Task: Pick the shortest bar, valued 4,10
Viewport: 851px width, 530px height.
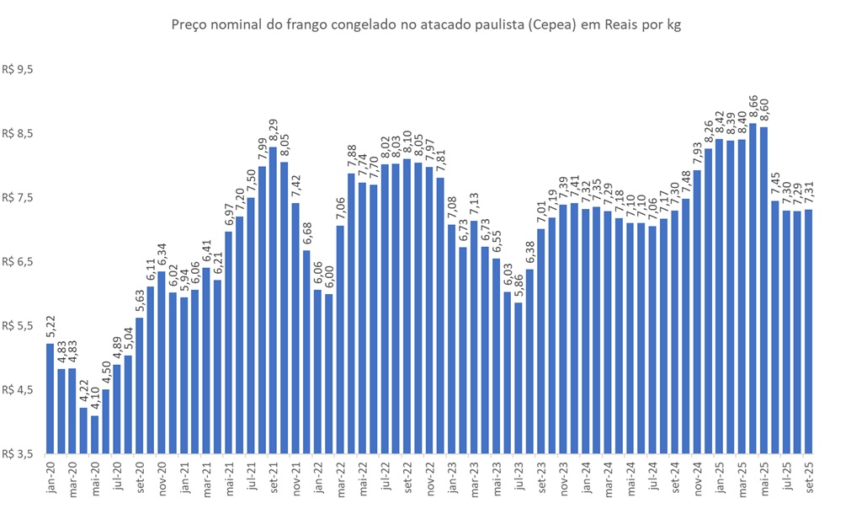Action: (94, 434)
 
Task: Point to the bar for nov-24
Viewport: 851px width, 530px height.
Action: (697, 312)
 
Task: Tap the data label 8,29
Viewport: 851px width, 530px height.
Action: (273, 132)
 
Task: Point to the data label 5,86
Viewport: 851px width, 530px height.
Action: (519, 287)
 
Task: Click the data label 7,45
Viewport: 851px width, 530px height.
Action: (775, 185)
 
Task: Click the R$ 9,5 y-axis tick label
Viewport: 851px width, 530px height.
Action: (18, 70)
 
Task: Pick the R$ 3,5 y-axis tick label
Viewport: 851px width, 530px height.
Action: (18, 453)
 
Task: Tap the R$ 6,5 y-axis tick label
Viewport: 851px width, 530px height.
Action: (18, 262)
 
